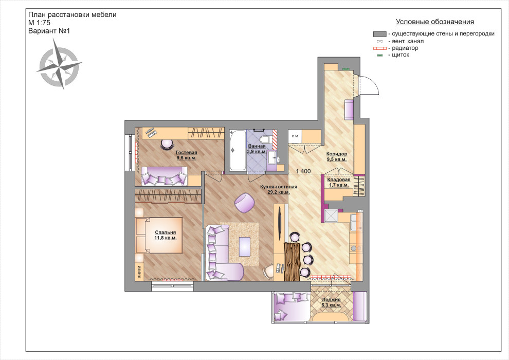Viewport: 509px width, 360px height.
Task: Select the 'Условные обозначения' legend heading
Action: click(434, 22)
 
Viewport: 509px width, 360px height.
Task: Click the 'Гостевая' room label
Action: click(186, 156)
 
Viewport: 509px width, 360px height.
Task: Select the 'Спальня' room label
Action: click(165, 235)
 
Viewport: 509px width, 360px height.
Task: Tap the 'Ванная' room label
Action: click(257, 149)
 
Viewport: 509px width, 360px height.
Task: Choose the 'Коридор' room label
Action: click(337, 156)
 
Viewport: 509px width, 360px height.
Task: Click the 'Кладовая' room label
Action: click(339, 182)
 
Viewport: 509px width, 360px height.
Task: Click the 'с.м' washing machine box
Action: click(295, 136)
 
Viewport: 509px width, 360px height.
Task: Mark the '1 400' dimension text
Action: click(304, 172)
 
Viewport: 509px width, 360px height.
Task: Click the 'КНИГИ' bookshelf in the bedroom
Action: click(139, 271)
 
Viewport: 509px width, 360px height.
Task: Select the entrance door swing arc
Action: click(370, 85)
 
